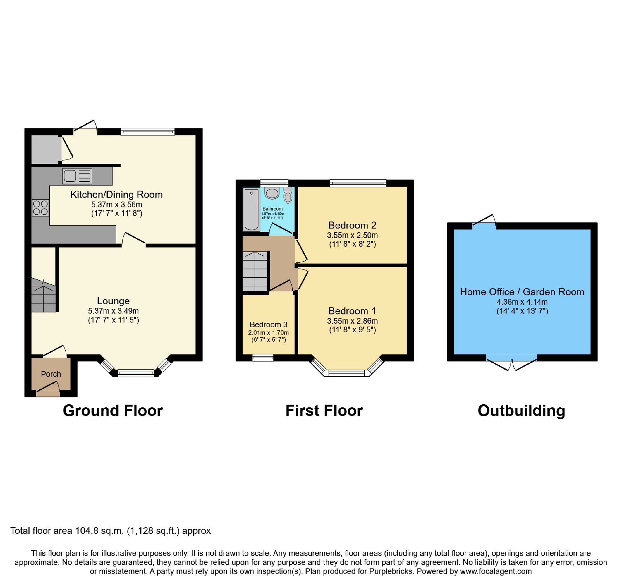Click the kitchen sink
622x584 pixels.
coord(77,176)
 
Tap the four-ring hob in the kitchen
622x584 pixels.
coord(40,207)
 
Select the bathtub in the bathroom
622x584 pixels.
coord(251,209)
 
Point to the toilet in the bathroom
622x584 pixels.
coord(288,195)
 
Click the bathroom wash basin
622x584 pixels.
coord(272,193)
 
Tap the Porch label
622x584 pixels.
coord(51,374)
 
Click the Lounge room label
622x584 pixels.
coord(114,301)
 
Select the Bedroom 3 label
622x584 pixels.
coord(269,324)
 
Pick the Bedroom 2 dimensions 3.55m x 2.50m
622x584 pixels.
coord(353,235)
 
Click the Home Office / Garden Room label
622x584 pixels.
coord(522,292)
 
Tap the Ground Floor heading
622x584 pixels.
coord(113,410)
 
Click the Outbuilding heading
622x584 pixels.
coord(521,411)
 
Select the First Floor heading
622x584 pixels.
coord(324,410)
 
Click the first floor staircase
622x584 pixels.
coord(255,271)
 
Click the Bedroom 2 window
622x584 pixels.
coord(358,183)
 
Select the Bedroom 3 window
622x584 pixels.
coord(263,358)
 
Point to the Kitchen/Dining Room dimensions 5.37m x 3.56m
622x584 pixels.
coord(117,205)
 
